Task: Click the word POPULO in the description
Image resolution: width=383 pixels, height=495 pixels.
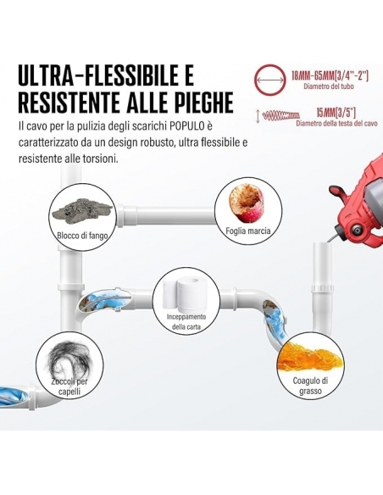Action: point(186,126)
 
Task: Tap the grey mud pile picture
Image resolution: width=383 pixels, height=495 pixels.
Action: point(82,209)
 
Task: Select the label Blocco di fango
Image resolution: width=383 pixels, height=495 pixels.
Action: point(82,236)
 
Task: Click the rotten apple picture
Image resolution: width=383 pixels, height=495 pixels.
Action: point(246,204)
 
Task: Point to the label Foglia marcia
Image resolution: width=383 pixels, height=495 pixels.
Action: point(248,231)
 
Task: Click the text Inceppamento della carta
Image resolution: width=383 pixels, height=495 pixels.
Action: point(186,322)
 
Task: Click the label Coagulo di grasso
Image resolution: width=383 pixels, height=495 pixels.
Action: point(310,386)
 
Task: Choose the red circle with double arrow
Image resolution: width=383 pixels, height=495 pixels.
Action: point(270,80)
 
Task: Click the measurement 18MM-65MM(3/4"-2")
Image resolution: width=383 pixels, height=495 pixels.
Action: point(330,76)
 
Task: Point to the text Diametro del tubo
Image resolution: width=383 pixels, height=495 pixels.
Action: point(329,86)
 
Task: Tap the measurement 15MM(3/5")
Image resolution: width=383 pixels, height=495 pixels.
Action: point(336,113)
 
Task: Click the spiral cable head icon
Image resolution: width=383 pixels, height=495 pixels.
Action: point(281,115)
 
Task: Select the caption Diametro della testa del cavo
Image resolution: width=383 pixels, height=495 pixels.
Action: point(336,124)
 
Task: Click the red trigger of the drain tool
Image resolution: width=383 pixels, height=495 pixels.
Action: point(338,193)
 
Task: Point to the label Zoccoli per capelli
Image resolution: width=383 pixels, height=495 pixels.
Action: point(69,387)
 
